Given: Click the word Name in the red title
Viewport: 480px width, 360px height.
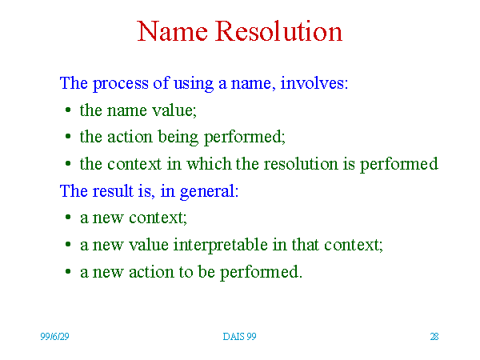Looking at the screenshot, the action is [x=172, y=31].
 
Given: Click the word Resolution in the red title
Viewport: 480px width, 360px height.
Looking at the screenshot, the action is [x=278, y=30].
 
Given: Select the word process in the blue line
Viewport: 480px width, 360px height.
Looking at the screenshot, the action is [x=121, y=83].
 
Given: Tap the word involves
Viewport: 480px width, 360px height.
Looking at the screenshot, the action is [x=314, y=82].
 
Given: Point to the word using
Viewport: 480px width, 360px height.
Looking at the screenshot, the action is [x=194, y=83].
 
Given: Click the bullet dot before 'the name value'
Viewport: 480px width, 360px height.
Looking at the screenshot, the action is [x=68, y=110].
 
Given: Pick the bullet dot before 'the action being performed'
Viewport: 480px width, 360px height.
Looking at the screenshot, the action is [x=68, y=136].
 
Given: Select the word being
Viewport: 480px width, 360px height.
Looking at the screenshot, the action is [x=178, y=137].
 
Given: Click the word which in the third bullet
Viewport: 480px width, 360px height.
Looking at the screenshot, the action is [x=209, y=163].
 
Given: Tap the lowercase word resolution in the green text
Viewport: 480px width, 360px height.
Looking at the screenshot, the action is [x=301, y=163].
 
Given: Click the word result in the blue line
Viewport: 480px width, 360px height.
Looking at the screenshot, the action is [x=113, y=190].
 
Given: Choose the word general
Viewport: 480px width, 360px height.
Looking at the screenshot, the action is [x=209, y=192].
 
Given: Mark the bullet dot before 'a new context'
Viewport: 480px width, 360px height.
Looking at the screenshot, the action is [x=68, y=217].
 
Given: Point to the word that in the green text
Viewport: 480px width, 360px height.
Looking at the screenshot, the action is [x=305, y=244].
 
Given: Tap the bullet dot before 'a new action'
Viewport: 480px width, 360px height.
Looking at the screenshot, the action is [x=68, y=271].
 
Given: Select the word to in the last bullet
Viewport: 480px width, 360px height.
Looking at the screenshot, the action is [x=186, y=272].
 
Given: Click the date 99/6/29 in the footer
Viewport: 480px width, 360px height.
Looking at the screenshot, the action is [x=54, y=337].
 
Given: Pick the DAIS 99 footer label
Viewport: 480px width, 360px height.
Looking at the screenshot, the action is [x=239, y=337].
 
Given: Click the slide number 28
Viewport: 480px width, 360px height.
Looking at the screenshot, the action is [x=434, y=337].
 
